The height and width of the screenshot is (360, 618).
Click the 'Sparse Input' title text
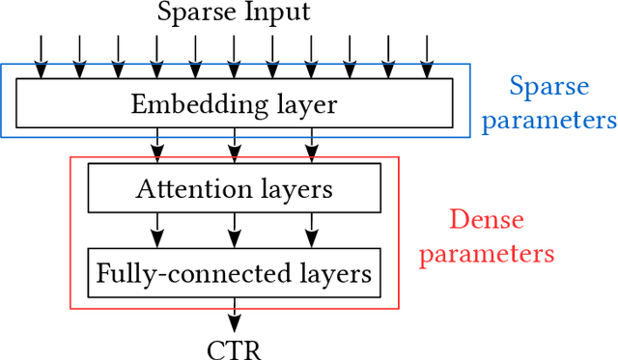pos(233,14)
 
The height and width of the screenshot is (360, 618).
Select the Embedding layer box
pos(233,102)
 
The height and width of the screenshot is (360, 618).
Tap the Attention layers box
pos(233,188)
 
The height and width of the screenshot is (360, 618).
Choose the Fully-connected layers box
pos(233,273)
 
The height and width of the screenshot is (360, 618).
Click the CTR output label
pos(233,347)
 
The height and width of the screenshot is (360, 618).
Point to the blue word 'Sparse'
pos(548,87)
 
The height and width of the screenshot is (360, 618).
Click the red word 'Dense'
pos(487,220)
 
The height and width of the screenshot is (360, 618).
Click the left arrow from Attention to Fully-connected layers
pos(155,231)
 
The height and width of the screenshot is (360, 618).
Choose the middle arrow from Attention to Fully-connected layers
pos(233,231)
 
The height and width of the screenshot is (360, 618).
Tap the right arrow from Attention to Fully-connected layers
pos(310,231)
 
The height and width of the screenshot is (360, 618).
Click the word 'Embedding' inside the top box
pos(183,103)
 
